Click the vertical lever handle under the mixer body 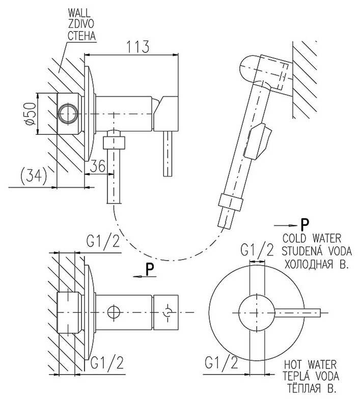167,152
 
